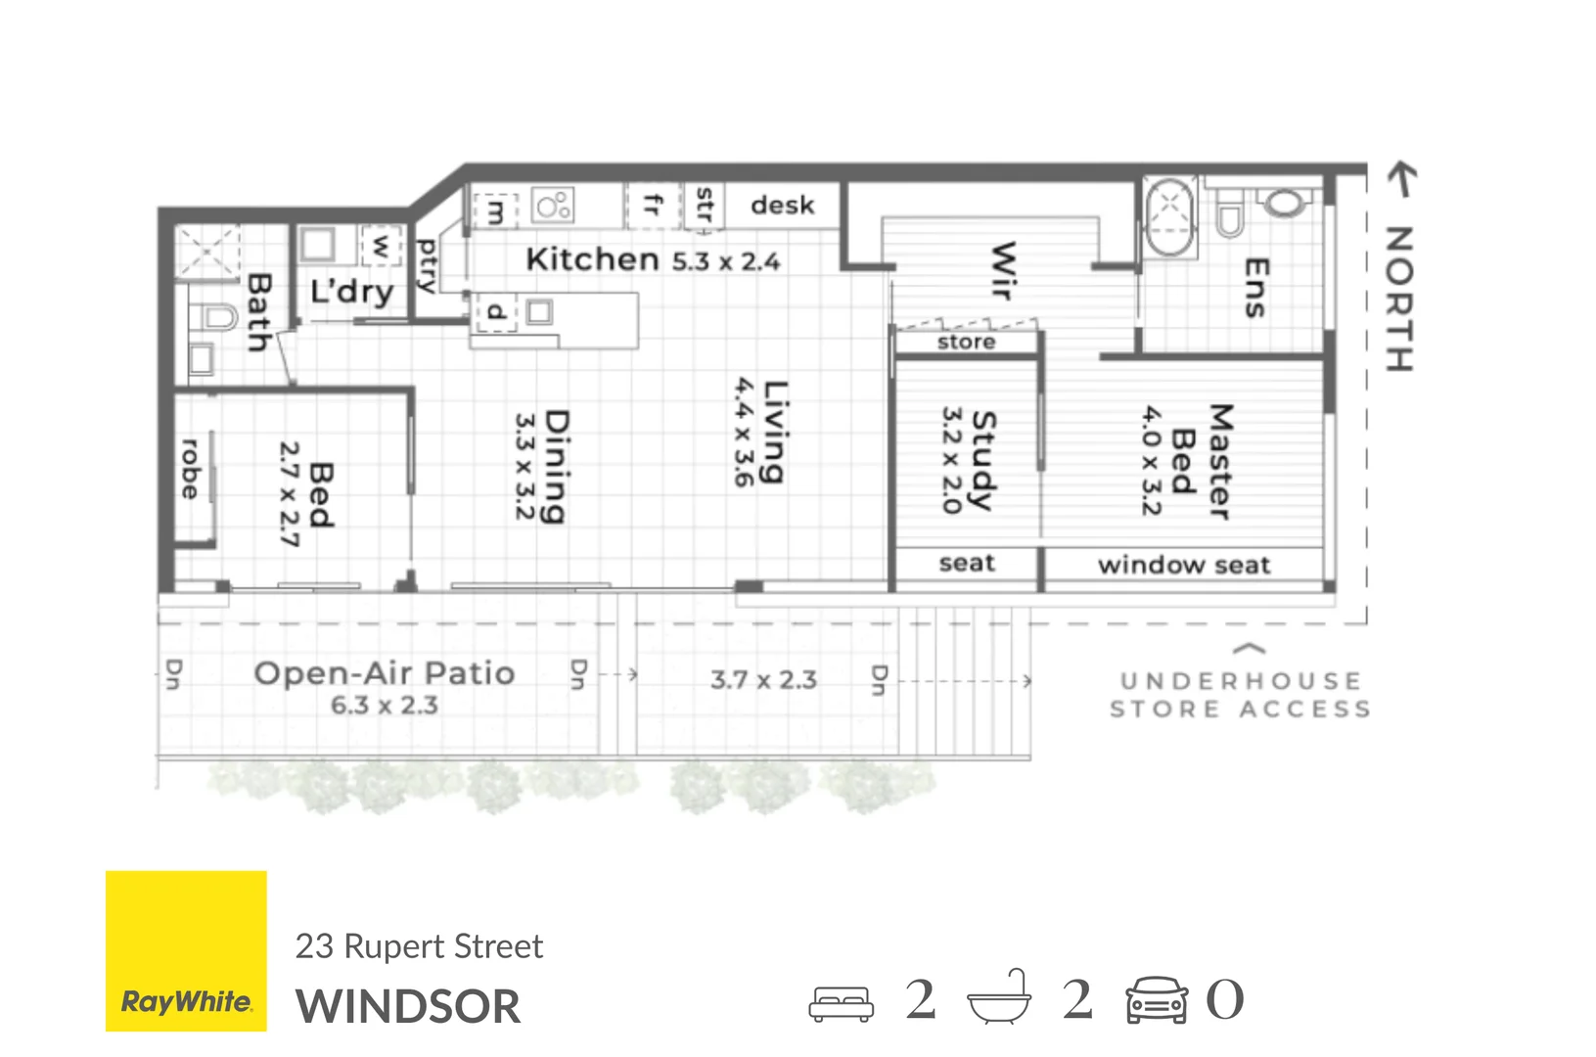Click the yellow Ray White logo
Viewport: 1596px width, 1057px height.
pos(186,950)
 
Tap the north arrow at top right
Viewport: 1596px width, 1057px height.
pos(1401,179)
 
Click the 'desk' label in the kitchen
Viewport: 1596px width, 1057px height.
pos(782,206)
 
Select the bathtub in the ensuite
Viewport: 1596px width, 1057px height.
pos(1170,217)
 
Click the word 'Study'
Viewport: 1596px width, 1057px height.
pos(981,460)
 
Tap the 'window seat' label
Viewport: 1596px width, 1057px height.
pos(1183,565)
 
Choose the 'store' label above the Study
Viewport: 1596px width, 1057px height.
pos(966,342)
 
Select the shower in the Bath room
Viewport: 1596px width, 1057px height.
pos(207,251)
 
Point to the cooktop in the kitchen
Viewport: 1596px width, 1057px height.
pos(553,206)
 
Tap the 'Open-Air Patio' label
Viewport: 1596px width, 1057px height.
pos(384,673)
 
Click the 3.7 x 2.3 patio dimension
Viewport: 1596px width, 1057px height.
pos(763,679)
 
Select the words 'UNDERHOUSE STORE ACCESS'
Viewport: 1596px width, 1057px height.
pos(1240,695)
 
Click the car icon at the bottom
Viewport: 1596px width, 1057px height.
pos(1156,1000)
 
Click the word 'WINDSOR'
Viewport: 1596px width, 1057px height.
pos(408,1007)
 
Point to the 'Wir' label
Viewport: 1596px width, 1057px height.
pos(1003,270)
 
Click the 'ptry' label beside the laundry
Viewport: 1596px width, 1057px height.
pos(427,265)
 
